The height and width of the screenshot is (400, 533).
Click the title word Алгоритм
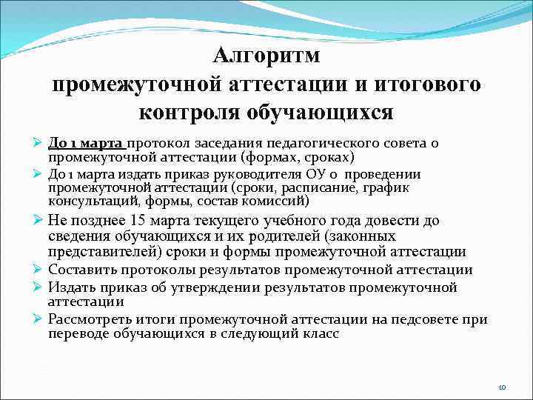tap(266, 57)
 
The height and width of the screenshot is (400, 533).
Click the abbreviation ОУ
tap(314, 175)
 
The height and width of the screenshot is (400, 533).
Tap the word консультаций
tap(91, 201)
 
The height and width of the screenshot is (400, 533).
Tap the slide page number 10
tap(501, 387)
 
